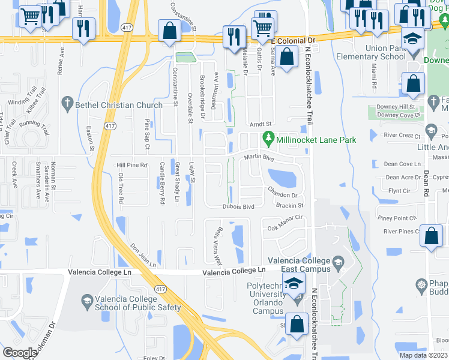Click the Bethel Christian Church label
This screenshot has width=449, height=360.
click(x=119, y=105)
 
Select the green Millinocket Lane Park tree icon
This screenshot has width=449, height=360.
click(x=269, y=140)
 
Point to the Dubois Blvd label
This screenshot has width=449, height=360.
click(x=238, y=206)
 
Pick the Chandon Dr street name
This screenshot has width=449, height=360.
click(x=283, y=195)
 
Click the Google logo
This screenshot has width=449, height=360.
click(x=20, y=353)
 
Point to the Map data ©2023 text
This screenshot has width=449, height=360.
click(x=424, y=355)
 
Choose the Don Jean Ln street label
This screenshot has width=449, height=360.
click(x=143, y=256)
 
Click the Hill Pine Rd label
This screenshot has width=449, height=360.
click(x=131, y=165)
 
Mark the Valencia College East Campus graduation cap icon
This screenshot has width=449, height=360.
click(x=338, y=262)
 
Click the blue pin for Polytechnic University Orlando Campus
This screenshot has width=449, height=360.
click(x=293, y=284)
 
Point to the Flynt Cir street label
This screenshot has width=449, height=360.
click(x=399, y=191)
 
